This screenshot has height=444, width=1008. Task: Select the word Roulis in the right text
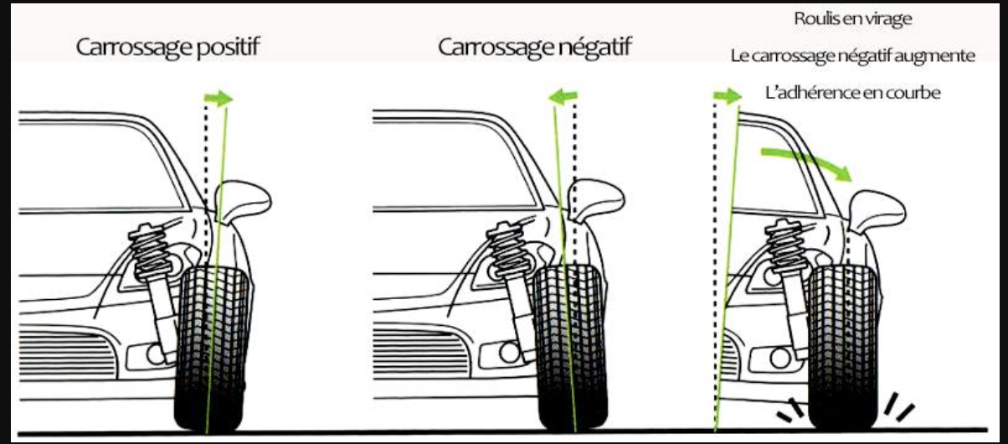click(815, 18)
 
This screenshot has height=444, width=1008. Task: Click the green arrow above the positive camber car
click(219, 99)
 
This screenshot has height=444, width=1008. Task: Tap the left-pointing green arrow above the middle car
click(563, 96)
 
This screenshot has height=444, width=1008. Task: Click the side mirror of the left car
click(243, 202)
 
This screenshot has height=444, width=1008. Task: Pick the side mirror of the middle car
click(596, 201)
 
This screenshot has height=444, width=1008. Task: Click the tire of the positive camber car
click(211, 349)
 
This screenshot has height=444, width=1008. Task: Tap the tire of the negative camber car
click(570, 347)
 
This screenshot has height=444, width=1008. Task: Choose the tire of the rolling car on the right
click(843, 348)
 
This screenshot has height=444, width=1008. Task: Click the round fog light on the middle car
click(509, 353)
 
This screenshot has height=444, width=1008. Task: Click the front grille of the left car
click(67, 354)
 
